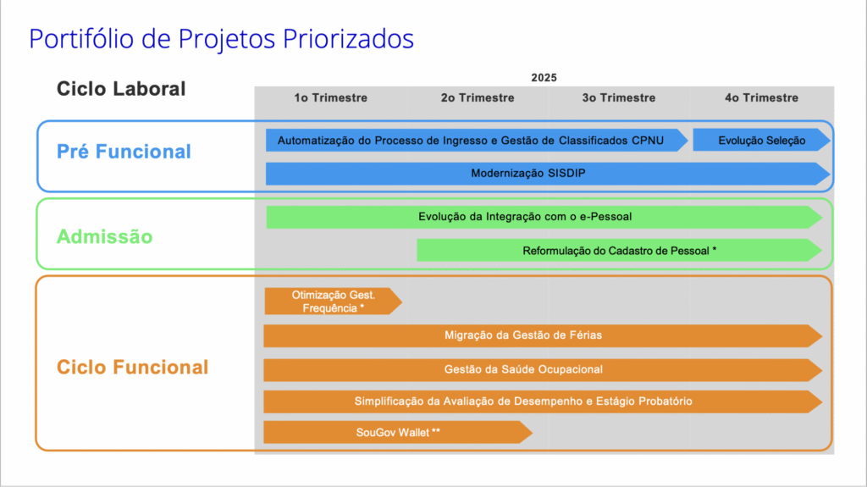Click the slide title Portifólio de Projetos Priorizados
pyautogui.click(x=221, y=39)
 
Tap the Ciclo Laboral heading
pyautogui.click(x=121, y=89)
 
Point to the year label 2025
pyautogui.click(x=544, y=77)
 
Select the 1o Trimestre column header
pyautogui.click(x=331, y=98)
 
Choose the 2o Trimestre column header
pyautogui.click(x=478, y=98)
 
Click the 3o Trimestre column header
pyautogui.click(x=619, y=98)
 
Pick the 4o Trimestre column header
pyautogui.click(x=761, y=98)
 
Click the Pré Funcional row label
pyautogui.click(x=124, y=152)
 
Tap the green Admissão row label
pyautogui.click(x=104, y=237)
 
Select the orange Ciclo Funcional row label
pyautogui.click(x=133, y=367)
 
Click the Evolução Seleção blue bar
pyautogui.click(x=762, y=141)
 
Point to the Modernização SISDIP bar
pyautogui.click(x=548, y=174)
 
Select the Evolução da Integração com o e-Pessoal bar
pyautogui.click(x=544, y=217)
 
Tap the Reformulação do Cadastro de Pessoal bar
pyautogui.click(x=619, y=251)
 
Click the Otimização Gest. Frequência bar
pyautogui.click(x=334, y=302)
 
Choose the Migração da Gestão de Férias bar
pyautogui.click(x=543, y=335)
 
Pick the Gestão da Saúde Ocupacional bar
pyautogui.click(x=543, y=369)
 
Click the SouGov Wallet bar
pyautogui.click(x=398, y=432)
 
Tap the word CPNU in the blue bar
pyautogui.click(x=648, y=141)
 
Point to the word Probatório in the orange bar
pyautogui.click(x=665, y=401)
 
